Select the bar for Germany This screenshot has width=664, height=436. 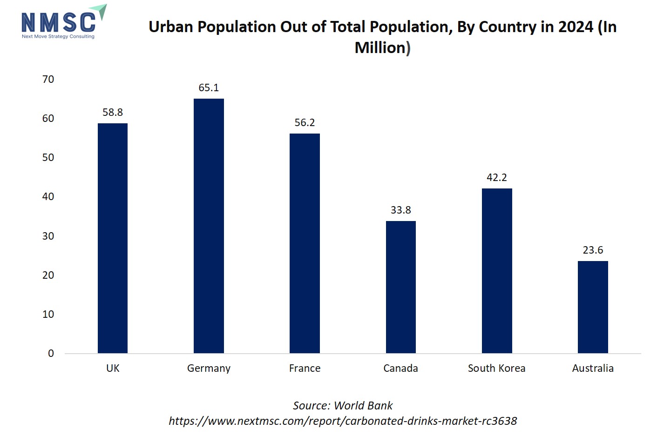(x=209, y=226)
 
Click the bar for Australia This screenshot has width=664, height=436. (x=593, y=307)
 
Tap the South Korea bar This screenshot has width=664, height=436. (x=497, y=271)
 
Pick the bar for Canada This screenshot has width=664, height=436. (x=401, y=287)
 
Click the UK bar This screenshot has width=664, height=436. (x=113, y=238)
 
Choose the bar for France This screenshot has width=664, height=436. (x=305, y=243)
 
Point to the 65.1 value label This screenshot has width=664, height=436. (x=209, y=87)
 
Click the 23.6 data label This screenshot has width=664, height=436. (x=593, y=250)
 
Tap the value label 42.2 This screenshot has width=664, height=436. (x=497, y=177)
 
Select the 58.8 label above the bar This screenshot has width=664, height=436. (x=113, y=112)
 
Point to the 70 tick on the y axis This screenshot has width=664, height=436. (x=48, y=80)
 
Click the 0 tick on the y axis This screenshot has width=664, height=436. (x=51, y=354)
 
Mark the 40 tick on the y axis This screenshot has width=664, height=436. (x=48, y=197)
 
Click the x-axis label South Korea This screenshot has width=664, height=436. (x=496, y=369)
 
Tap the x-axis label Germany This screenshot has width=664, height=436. (x=209, y=369)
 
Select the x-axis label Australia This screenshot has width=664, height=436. (x=593, y=369)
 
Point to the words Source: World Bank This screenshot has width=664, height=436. (x=342, y=406)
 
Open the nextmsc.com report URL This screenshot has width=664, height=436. (x=342, y=421)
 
